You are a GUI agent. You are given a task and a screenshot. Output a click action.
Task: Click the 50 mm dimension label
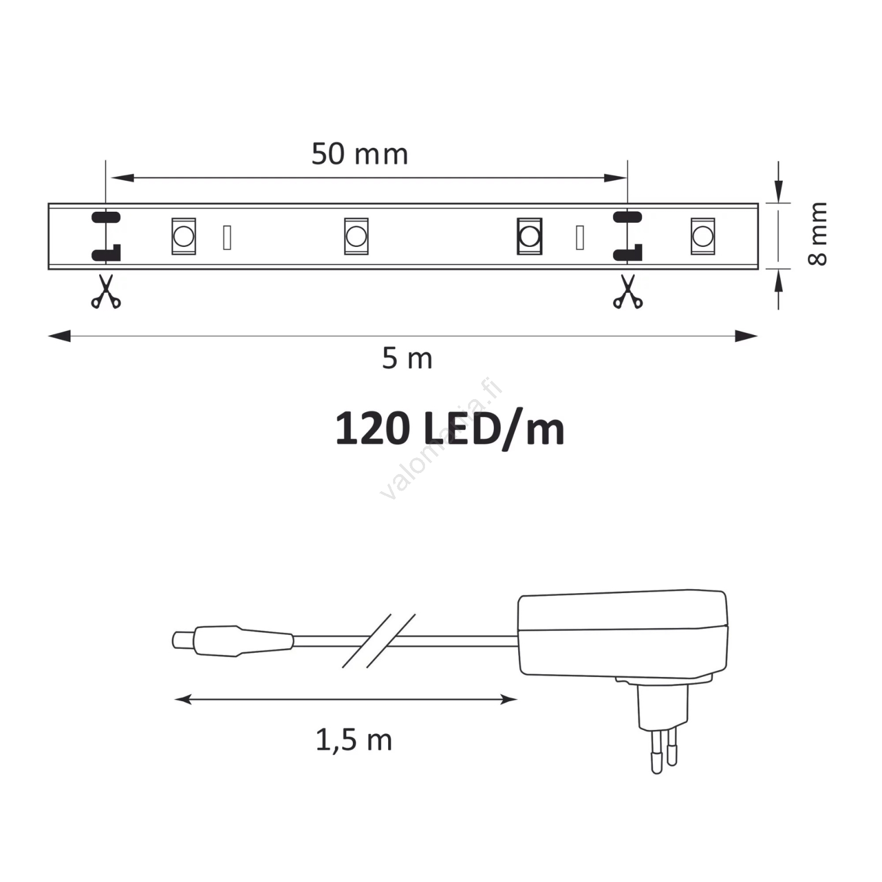click(x=359, y=154)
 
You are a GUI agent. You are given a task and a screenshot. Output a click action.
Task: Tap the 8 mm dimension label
click(x=818, y=234)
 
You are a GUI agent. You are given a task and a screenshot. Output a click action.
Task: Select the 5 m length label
click(x=407, y=359)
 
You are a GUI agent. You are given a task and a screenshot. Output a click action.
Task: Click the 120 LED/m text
click(x=450, y=429)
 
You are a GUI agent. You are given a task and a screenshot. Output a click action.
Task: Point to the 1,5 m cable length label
click(x=354, y=740)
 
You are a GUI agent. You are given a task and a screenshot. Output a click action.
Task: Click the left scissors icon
click(x=106, y=292)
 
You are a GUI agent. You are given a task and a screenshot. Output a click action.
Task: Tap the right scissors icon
click(x=628, y=292)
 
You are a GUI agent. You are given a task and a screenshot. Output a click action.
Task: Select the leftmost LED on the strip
click(x=184, y=236)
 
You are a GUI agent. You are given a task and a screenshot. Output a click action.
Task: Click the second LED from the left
click(x=356, y=236)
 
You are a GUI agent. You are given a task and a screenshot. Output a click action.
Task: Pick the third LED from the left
click(x=529, y=236)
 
